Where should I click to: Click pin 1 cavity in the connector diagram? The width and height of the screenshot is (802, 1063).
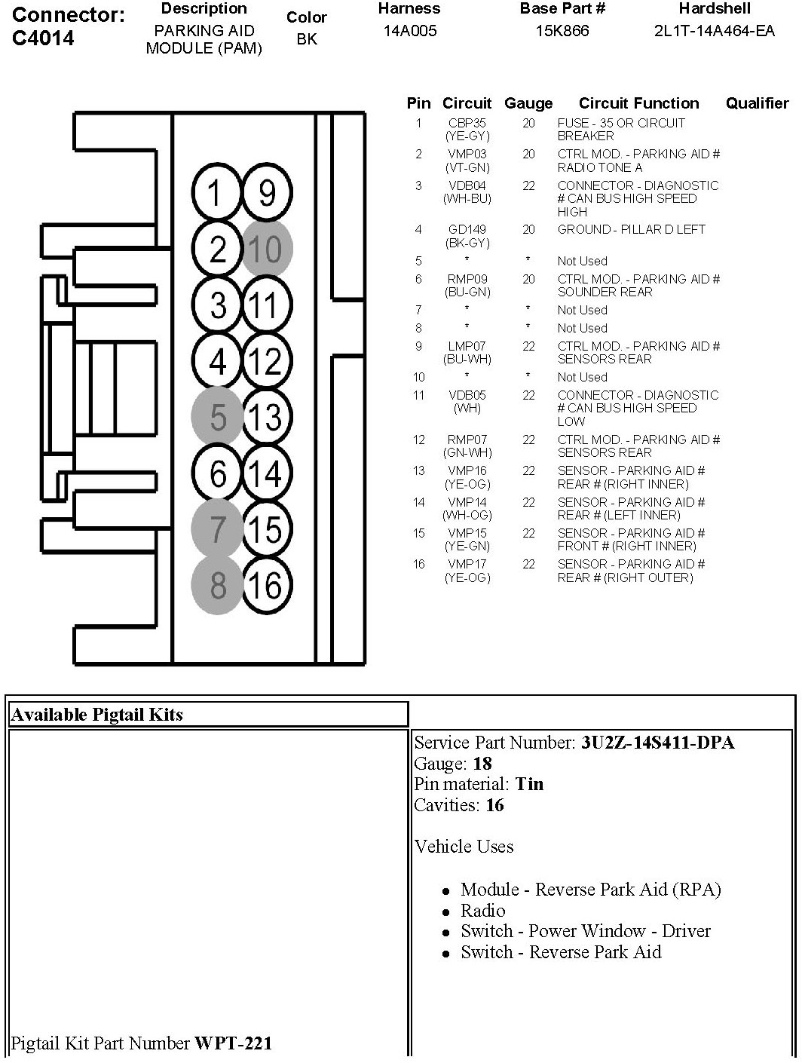coord(216,193)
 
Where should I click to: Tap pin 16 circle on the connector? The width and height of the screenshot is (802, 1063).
coord(265,584)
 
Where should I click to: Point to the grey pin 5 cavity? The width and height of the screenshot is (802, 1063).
coord(218,416)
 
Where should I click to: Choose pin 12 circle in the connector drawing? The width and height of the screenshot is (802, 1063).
coord(265,361)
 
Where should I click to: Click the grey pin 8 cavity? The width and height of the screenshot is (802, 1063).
coord(218,584)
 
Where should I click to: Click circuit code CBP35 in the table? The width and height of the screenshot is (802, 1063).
coord(467,123)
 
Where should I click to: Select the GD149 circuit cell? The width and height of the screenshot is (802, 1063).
coord(467,229)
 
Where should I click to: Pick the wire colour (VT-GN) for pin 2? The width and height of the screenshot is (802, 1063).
coord(467,167)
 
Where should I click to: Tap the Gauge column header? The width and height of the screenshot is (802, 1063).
coord(528,103)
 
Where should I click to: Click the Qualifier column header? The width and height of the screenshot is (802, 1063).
coord(757,103)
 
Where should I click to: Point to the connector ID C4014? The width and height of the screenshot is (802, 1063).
coord(44,38)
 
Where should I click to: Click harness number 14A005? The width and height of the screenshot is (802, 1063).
coord(409,31)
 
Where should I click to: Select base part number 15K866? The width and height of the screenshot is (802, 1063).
coord(562,31)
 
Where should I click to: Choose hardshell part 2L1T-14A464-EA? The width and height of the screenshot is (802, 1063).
coord(714,31)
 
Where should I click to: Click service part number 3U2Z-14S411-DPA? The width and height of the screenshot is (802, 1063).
coord(657,743)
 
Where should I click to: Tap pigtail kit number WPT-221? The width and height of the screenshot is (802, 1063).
coord(234,1043)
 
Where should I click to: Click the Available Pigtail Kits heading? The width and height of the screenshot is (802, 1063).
coord(96,715)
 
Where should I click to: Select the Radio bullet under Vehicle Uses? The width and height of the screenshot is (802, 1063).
coord(483,910)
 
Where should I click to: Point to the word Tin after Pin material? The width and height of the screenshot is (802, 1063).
coord(529,784)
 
